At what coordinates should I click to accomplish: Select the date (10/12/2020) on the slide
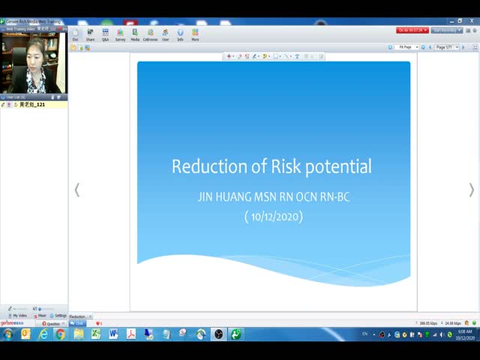tap(273, 217)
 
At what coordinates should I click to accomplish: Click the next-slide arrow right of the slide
tap(471, 190)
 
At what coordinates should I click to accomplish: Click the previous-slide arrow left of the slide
tap(76, 190)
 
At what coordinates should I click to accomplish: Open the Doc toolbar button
tap(75, 34)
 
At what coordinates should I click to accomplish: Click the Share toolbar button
tap(90, 34)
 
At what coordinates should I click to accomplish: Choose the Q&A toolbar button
tap(105, 34)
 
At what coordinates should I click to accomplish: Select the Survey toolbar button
tap(120, 34)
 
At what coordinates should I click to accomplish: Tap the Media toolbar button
tap(135, 34)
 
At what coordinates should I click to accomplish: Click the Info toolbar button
tap(180, 34)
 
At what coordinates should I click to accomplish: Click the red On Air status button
tap(412, 30)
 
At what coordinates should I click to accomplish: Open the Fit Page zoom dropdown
tap(407, 47)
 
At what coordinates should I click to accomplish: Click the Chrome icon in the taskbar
tap(60, 334)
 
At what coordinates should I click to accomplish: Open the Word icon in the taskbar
tap(113, 334)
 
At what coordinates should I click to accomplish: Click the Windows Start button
tap(7, 334)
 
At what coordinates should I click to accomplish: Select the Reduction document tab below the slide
tap(78, 316)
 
